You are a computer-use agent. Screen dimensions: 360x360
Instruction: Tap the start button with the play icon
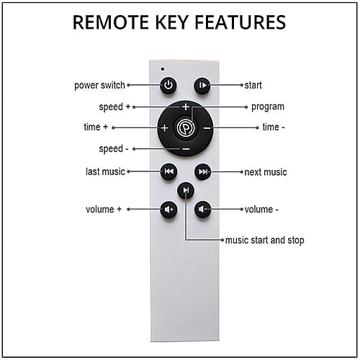pos(202,85)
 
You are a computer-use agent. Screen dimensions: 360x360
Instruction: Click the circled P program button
pos(186,127)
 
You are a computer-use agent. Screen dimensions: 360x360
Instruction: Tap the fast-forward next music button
pos(203,171)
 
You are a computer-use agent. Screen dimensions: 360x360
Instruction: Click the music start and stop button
pos(186,190)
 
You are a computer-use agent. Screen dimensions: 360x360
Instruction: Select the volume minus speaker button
pos(203,210)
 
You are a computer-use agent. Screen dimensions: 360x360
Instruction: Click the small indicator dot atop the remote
pos(163,69)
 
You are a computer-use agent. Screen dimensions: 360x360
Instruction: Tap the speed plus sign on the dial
pos(186,107)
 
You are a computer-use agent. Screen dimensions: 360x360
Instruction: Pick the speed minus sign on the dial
pos(186,149)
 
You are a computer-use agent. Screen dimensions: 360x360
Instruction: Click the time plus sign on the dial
pos(165,127)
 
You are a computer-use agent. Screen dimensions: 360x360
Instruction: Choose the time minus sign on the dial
pos(207,128)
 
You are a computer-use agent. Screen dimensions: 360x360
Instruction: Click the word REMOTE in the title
pos(111,22)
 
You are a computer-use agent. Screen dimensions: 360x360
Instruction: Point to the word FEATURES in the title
pos(240,22)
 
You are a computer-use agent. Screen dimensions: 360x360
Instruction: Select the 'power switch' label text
pos(99,85)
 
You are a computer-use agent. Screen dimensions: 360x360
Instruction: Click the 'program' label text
pos(268,107)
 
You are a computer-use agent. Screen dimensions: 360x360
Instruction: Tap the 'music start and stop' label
pos(265,240)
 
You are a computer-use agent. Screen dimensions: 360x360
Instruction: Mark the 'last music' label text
pos(105,171)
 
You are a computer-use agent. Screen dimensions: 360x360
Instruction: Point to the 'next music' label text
pos(266,172)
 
